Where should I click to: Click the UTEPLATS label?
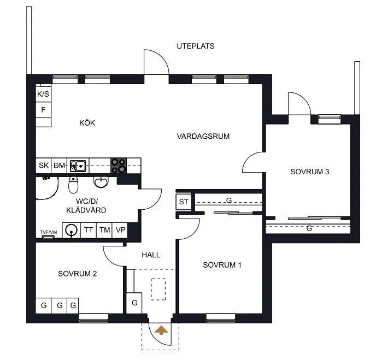pos(196,46)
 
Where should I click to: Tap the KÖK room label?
pos(87,123)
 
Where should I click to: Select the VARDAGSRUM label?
pos(203,136)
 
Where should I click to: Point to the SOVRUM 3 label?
pos(310,172)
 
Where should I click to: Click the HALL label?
pos(151,255)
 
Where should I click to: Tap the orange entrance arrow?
pos(161,331)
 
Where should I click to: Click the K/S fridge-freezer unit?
pos(43,95)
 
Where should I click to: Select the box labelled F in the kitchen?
pos(43,110)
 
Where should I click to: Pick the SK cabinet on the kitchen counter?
pos(44,166)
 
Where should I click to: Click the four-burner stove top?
pos(119,166)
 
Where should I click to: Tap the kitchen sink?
pos(78,166)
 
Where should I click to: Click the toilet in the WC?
pos(73,185)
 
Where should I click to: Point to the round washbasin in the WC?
pos(101,182)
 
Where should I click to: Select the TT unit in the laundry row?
pos(89,230)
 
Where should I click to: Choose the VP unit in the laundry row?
pos(120,230)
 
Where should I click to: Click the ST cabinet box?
pos(184,202)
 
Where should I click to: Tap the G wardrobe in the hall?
pos(134,303)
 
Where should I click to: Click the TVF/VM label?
pos(49,232)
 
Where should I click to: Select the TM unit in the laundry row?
pos(104,230)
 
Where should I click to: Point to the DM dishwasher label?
pos(59,166)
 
